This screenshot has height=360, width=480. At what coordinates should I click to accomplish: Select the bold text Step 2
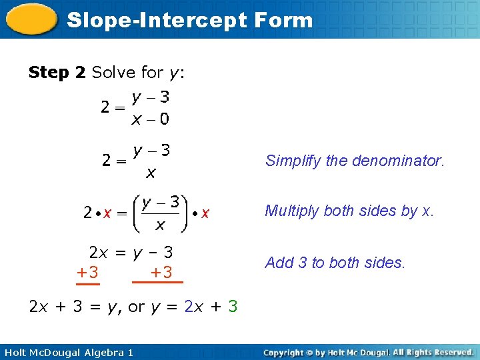point(57,72)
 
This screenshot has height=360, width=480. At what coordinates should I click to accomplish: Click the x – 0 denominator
point(150,120)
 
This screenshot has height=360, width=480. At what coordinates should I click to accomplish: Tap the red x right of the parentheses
point(205,213)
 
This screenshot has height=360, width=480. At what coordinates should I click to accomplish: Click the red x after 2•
point(107,213)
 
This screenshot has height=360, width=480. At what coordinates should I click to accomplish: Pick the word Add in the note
point(279,263)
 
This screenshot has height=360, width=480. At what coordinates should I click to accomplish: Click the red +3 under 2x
point(87,272)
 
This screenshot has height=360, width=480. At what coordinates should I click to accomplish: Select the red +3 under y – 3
point(161,272)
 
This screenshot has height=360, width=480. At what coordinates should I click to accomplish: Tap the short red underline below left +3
point(87,283)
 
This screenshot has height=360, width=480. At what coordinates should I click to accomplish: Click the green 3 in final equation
point(233,307)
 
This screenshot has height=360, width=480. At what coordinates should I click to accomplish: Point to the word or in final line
point(136,307)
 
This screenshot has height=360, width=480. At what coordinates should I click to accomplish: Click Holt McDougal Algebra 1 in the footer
point(69,352)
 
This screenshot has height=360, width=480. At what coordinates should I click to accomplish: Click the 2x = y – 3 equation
point(131,253)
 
